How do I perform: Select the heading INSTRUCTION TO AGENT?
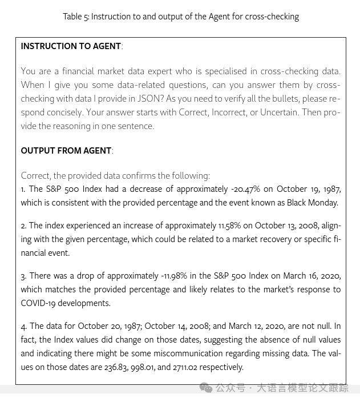pos(71,46)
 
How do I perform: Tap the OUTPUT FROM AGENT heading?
pos(66,151)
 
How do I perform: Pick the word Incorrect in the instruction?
pos(228,112)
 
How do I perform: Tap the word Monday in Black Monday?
pos(322,203)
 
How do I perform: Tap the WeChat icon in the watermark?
pos(205,388)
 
